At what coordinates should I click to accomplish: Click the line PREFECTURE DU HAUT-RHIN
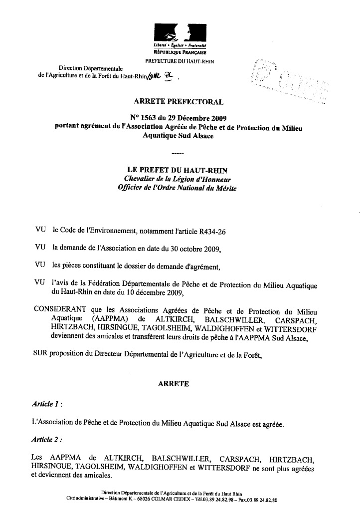tap(180, 60)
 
